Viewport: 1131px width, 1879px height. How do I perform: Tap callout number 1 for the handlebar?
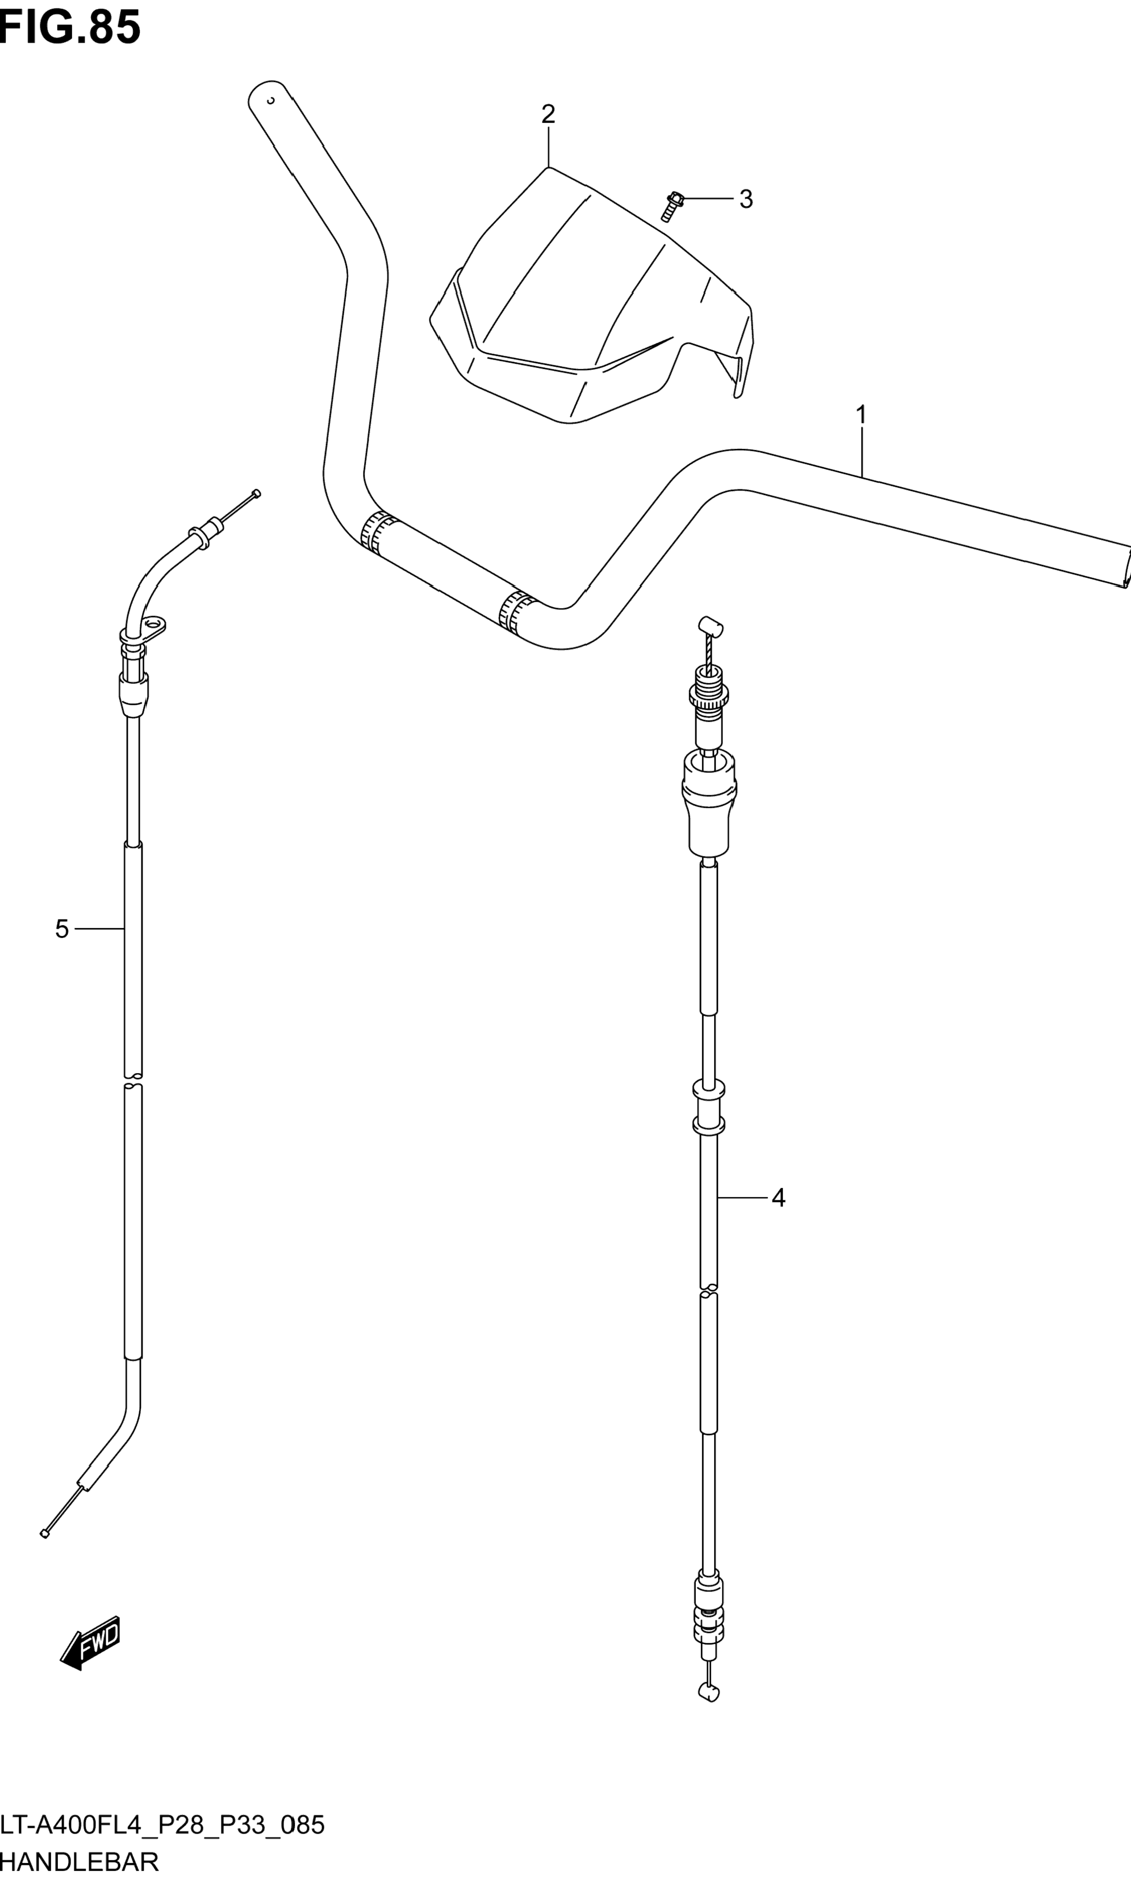point(861,415)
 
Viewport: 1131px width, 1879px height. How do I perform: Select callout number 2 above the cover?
point(548,114)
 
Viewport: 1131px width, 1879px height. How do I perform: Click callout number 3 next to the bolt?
point(746,199)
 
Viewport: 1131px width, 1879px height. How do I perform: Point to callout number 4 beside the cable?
point(778,1198)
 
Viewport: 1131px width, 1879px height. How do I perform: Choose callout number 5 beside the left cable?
point(62,929)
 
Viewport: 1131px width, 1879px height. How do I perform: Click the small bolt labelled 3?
point(671,206)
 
